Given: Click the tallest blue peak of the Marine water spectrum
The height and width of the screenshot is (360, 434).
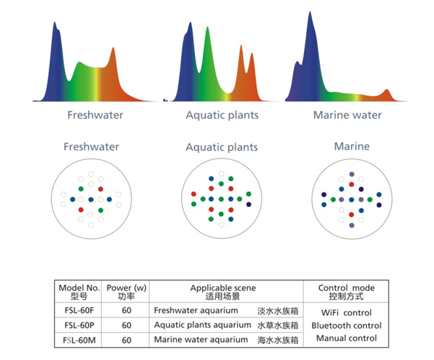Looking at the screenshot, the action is point(310,13).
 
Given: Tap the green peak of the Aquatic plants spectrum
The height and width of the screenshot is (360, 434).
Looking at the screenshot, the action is point(207,28).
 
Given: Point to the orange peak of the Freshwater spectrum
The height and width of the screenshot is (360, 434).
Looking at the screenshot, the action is point(113,48).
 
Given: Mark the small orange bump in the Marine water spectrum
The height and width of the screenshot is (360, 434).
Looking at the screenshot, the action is point(387,90).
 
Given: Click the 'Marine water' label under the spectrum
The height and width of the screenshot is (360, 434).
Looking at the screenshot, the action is point(347,115).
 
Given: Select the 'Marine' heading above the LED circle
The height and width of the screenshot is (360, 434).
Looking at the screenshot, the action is point(352,146).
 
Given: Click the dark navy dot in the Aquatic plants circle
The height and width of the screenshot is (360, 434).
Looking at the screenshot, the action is point(248,205).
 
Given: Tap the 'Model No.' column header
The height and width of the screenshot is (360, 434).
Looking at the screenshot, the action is point(79,288).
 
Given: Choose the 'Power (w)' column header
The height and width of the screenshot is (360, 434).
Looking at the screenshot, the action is point(126,288).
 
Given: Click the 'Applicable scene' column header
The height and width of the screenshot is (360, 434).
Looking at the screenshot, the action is point(223,288).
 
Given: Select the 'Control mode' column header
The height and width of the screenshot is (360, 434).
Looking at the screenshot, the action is point(346,288).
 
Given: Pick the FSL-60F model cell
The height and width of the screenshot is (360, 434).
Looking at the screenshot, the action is point(79,310).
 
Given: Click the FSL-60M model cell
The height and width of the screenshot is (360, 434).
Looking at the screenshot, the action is point(79,340).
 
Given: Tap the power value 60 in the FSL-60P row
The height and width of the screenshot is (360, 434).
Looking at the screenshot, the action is point(126,325).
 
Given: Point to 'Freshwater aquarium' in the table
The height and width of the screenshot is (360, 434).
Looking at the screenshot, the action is point(196,310).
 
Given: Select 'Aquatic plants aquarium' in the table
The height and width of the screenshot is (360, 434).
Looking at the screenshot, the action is point(203,325).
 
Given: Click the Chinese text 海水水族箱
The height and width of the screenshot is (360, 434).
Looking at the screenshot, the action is point(278,340).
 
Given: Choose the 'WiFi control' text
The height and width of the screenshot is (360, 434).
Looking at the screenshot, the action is point(346,312).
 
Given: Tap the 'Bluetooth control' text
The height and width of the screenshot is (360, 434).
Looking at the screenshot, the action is point(346,325).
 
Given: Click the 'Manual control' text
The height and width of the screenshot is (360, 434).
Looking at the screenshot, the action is point(346,338).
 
